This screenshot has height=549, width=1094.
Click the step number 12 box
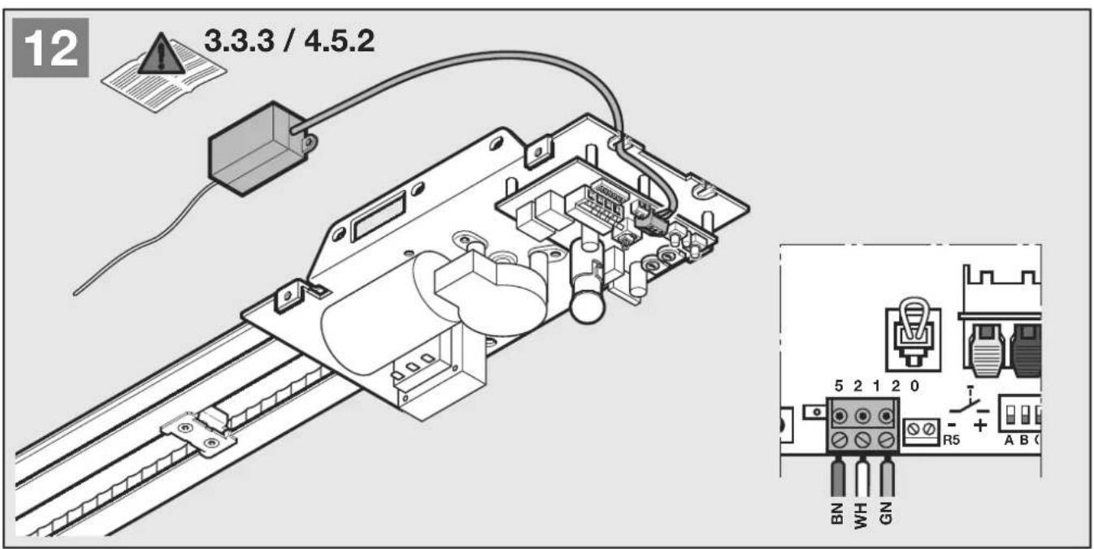(x=50, y=47)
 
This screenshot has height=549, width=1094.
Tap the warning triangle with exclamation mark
(x=162, y=54)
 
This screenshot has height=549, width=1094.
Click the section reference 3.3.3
(x=239, y=41)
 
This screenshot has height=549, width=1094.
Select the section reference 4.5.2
(x=340, y=41)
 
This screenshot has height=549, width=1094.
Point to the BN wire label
(x=837, y=513)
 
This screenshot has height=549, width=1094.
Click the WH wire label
(x=861, y=515)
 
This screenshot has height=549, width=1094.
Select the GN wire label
(x=885, y=513)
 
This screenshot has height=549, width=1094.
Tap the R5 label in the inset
(x=952, y=439)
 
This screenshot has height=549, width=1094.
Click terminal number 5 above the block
(x=839, y=386)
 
